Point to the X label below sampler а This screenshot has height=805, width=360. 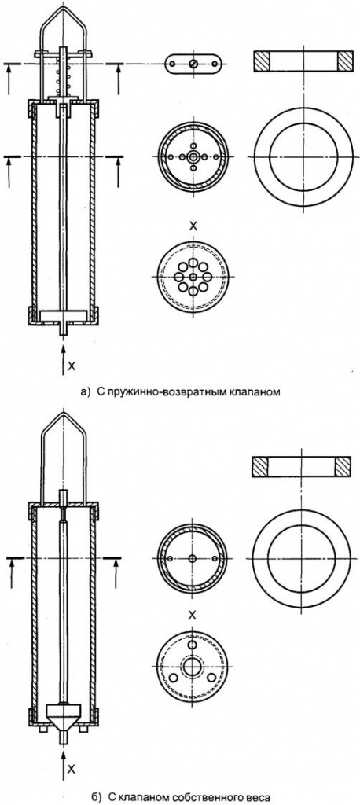coord(72,366)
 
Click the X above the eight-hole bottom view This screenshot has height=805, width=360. coord(193,226)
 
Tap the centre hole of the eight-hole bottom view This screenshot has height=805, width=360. coord(193,277)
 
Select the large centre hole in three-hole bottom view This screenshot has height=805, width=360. coord(193,667)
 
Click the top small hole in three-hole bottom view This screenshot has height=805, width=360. coord(193,645)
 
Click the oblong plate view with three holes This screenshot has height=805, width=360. coord(193,63)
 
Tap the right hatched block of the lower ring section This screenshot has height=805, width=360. coord(343,465)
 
